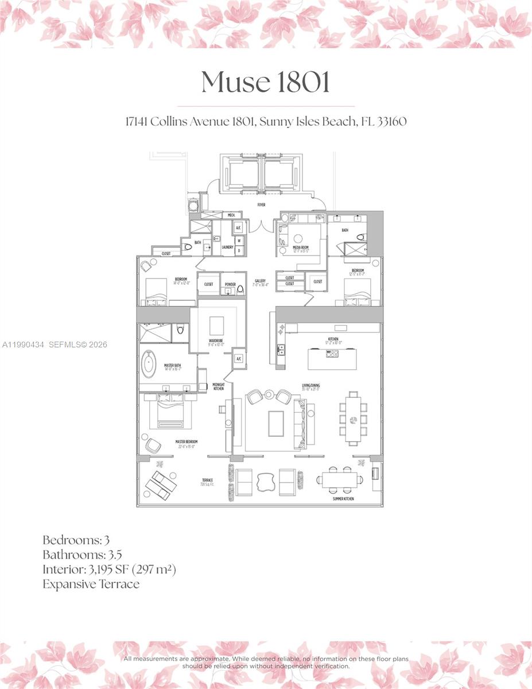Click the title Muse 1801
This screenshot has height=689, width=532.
click(266, 83)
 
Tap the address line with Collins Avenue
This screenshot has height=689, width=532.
click(266, 122)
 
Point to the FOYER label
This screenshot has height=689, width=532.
click(261, 205)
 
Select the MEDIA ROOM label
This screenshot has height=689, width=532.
click(301, 248)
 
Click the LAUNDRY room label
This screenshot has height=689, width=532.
click(227, 247)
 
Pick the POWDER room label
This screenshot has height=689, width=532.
click(230, 284)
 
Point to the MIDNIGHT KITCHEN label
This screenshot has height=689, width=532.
click(218, 387)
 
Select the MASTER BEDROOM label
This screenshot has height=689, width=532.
click(187, 443)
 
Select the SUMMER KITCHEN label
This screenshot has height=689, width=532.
click(344, 498)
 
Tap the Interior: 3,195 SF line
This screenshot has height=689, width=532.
click(109, 570)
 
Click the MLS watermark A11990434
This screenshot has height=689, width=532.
click(23, 344)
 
